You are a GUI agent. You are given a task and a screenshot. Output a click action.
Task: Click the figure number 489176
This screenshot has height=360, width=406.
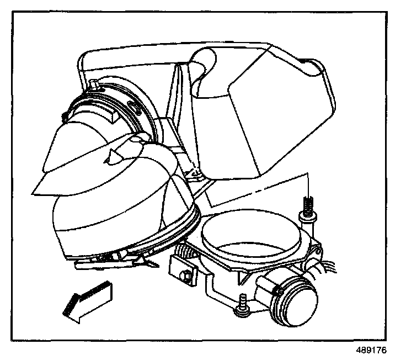[372, 350]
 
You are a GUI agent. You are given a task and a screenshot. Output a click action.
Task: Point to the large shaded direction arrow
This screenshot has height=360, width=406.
[88, 301]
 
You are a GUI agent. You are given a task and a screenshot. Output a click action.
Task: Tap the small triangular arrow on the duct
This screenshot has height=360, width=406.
[114, 157]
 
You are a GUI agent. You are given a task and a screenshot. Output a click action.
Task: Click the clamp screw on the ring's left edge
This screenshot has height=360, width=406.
[65, 116]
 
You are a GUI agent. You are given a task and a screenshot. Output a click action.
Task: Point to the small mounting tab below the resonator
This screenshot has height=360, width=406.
[194, 175]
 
